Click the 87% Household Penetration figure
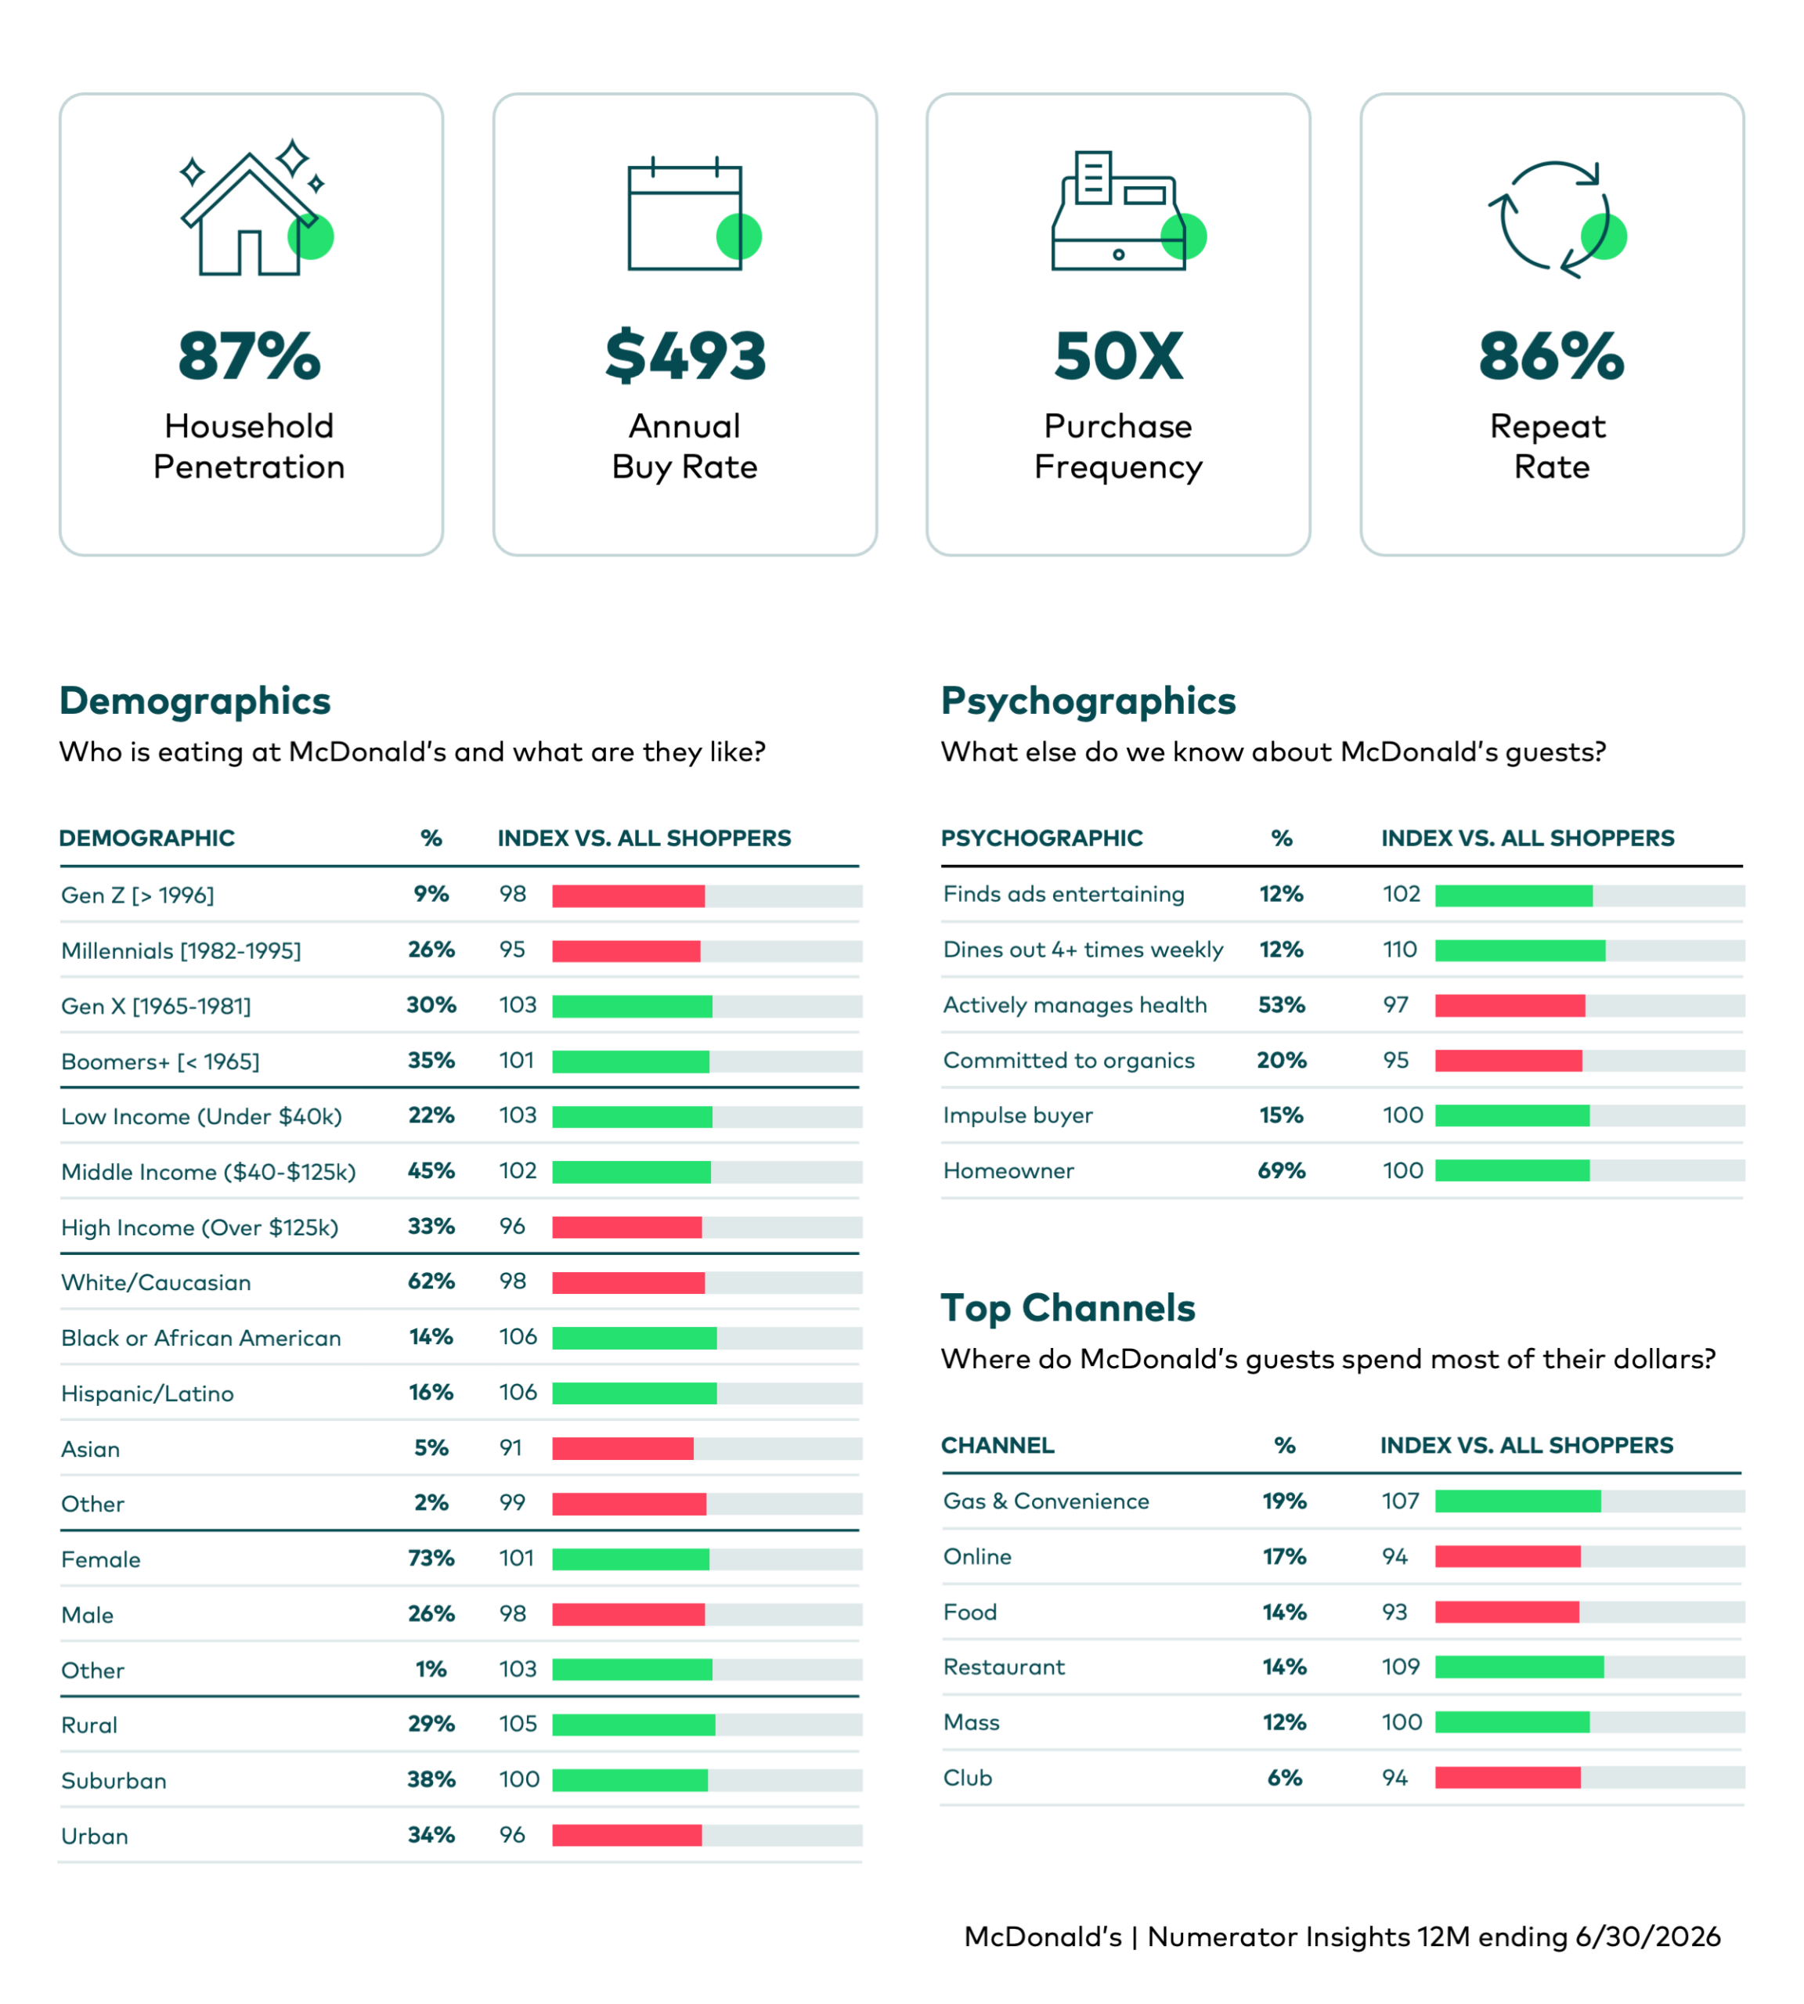pos(250,356)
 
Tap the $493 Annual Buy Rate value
pos(685,356)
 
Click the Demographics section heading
pos(195,701)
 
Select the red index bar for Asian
pos(622,1448)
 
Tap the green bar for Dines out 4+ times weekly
pos(1520,950)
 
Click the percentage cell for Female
pos(431,1558)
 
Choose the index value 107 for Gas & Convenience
pos(1401,1501)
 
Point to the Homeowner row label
pos(1008,1170)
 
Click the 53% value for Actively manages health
pos(1282,1004)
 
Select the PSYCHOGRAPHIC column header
pos(1041,838)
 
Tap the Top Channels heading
pos(1067,1308)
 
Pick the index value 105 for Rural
pos(518,1724)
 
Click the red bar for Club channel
pos(1507,1778)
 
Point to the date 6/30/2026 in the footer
pos(1647,1937)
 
